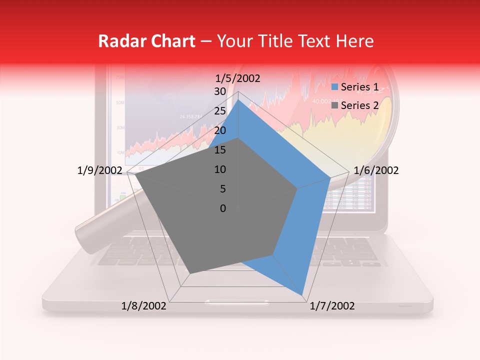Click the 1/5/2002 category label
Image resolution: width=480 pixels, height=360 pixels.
click(237, 78)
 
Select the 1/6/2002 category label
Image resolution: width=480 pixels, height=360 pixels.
click(376, 170)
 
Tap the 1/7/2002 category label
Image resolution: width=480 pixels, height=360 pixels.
click(332, 306)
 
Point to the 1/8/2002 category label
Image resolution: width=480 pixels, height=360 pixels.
click(144, 306)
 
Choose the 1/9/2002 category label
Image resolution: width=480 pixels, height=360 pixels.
click(99, 170)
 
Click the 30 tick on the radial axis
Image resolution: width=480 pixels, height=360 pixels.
click(219, 91)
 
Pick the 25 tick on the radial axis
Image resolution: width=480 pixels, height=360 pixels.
click(219, 111)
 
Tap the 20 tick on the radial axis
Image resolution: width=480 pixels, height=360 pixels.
click(219, 130)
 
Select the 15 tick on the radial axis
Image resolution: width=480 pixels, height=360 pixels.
click(219, 150)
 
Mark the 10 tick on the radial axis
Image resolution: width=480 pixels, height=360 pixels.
click(219, 169)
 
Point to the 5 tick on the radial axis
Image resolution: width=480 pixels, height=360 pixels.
click(222, 189)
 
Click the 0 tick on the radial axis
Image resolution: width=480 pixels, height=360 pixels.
click(222, 208)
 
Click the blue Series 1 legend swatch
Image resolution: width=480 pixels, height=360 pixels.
click(336, 87)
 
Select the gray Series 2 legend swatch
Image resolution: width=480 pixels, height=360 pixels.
click(336, 105)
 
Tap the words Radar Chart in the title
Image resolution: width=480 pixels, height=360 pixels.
click(146, 41)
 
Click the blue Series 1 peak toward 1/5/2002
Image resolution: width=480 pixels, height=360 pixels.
click(238, 100)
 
